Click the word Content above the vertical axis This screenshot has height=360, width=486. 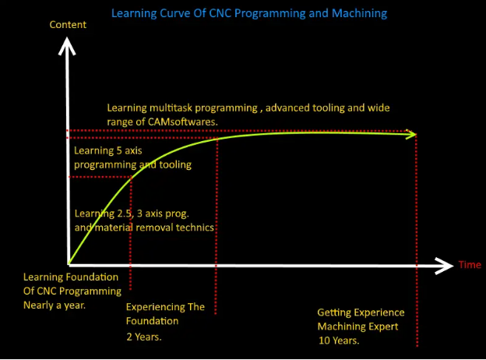[x=68, y=24]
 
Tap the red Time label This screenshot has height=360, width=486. [x=470, y=265]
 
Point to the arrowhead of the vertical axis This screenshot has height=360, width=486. [x=67, y=46]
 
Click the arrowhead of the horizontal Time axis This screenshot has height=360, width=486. [x=444, y=266]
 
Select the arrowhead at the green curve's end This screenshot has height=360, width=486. [x=411, y=134]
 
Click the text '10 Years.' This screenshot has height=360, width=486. [x=339, y=341]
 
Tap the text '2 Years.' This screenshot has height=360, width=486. [x=144, y=337]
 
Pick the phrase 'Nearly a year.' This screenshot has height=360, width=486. [x=55, y=305]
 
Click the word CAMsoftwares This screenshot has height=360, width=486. [x=183, y=122]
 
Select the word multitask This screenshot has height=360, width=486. [x=171, y=108]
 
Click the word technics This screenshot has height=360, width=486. [x=195, y=228]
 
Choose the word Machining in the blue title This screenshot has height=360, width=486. [x=359, y=14]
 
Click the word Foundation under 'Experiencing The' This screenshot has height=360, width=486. [x=152, y=321]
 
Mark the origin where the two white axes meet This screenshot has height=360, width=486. [x=69, y=265]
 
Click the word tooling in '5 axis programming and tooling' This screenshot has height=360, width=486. [x=175, y=164]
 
